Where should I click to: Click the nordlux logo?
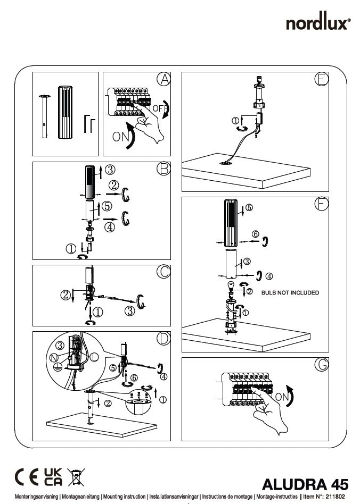tap(320, 23)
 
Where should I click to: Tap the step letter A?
tap(164, 79)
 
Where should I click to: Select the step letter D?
tap(164, 338)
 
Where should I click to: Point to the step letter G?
tap(321, 365)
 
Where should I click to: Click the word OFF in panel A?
tap(159, 108)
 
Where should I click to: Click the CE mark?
tap(26, 476)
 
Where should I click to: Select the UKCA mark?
tap(52, 476)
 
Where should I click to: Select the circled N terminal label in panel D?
tap(54, 358)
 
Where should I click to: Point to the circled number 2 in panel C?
tap(66, 294)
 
